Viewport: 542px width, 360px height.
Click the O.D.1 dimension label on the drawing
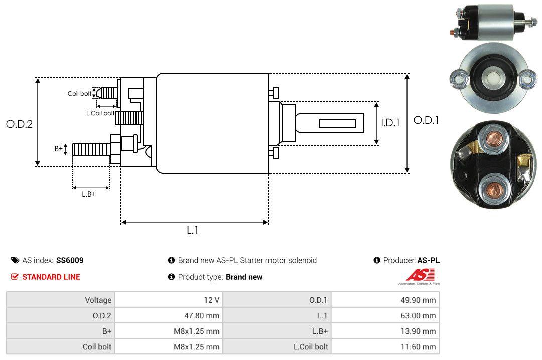click(x=426, y=120)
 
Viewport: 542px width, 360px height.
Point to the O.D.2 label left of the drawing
click(x=19, y=124)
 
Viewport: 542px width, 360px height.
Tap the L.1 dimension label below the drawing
click(x=193, y=230)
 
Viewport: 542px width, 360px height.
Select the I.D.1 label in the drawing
click(x=390, y=122)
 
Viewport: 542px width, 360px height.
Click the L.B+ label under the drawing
click(x=89, y=194)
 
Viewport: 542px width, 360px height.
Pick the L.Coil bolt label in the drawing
click(x=100, y=113)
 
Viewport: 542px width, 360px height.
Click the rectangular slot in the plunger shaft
click(x=337, y=123)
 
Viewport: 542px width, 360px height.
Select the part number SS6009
click(x=70, y=260)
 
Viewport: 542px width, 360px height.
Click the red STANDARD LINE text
click(x=51, y=277)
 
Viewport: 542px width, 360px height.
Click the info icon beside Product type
click(x=171, y=277)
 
